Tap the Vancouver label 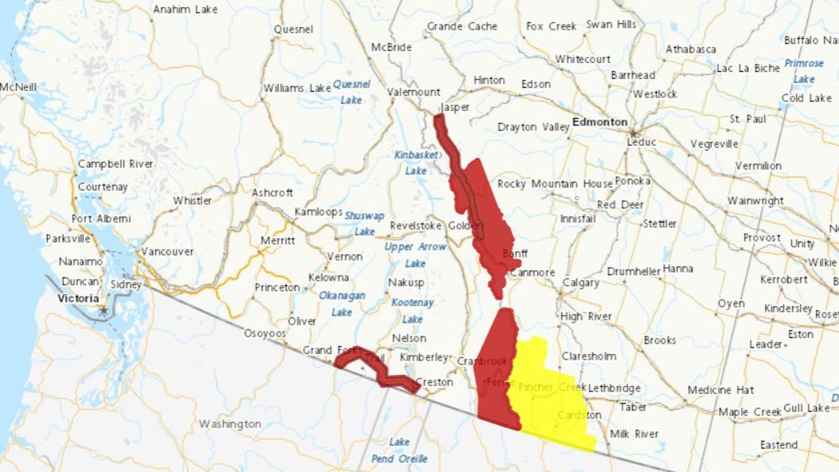(x=167, y=251)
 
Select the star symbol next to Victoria (x=103, y=309)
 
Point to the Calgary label (x=580, y=283)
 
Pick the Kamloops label (x=318, y=212)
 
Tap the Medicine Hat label (x=721, y=390)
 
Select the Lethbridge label (x=614, y=388)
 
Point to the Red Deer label (x=620, y=204)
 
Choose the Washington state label (x=229, y=423)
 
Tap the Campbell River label (x=116, y=163)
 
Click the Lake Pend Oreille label (x=399, y=450)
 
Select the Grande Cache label (x=462, y=26)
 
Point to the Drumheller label (x=633, y=271)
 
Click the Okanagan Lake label (x=342, y=304)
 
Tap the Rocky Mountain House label (x=555, y=184)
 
